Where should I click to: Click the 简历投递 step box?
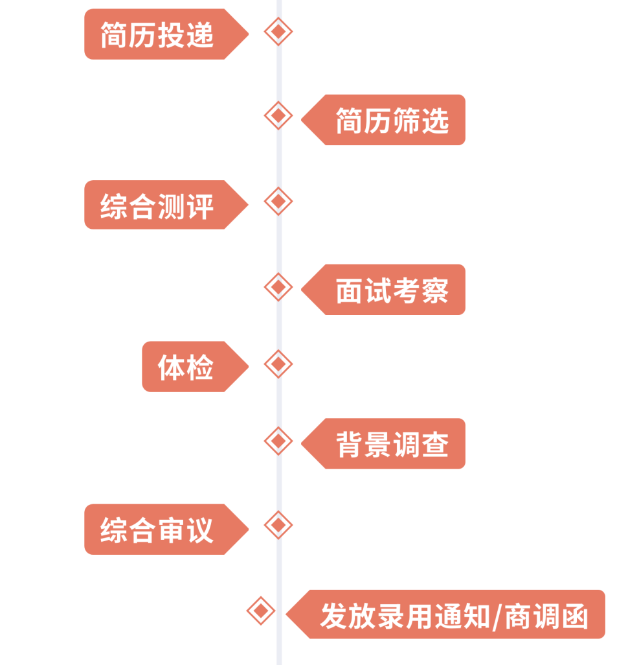(x=159, y=34)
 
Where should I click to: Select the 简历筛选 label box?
(x=388, y=121)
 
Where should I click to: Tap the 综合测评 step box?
(x=159, y=205)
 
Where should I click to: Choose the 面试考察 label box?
(x=388, y=290)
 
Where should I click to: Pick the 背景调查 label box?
(x=388, y=444)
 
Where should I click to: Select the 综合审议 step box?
(x=159, y=530)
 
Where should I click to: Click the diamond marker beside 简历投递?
(x=278, y=31)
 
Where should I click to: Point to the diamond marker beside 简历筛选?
(x=278, y=115)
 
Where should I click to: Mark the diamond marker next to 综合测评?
(x=278, y=202)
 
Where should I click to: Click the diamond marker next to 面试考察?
(x=278, y=286)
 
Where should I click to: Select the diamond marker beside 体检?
(x=278, y=364)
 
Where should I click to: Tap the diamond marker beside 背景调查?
(x=278, y=441)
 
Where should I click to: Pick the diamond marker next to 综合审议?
(x=278, y=525)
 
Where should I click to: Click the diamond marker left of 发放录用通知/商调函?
(x=261, y=611)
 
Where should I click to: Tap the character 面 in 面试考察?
(x=348, y=290)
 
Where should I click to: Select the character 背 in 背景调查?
(x=348, y=445)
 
